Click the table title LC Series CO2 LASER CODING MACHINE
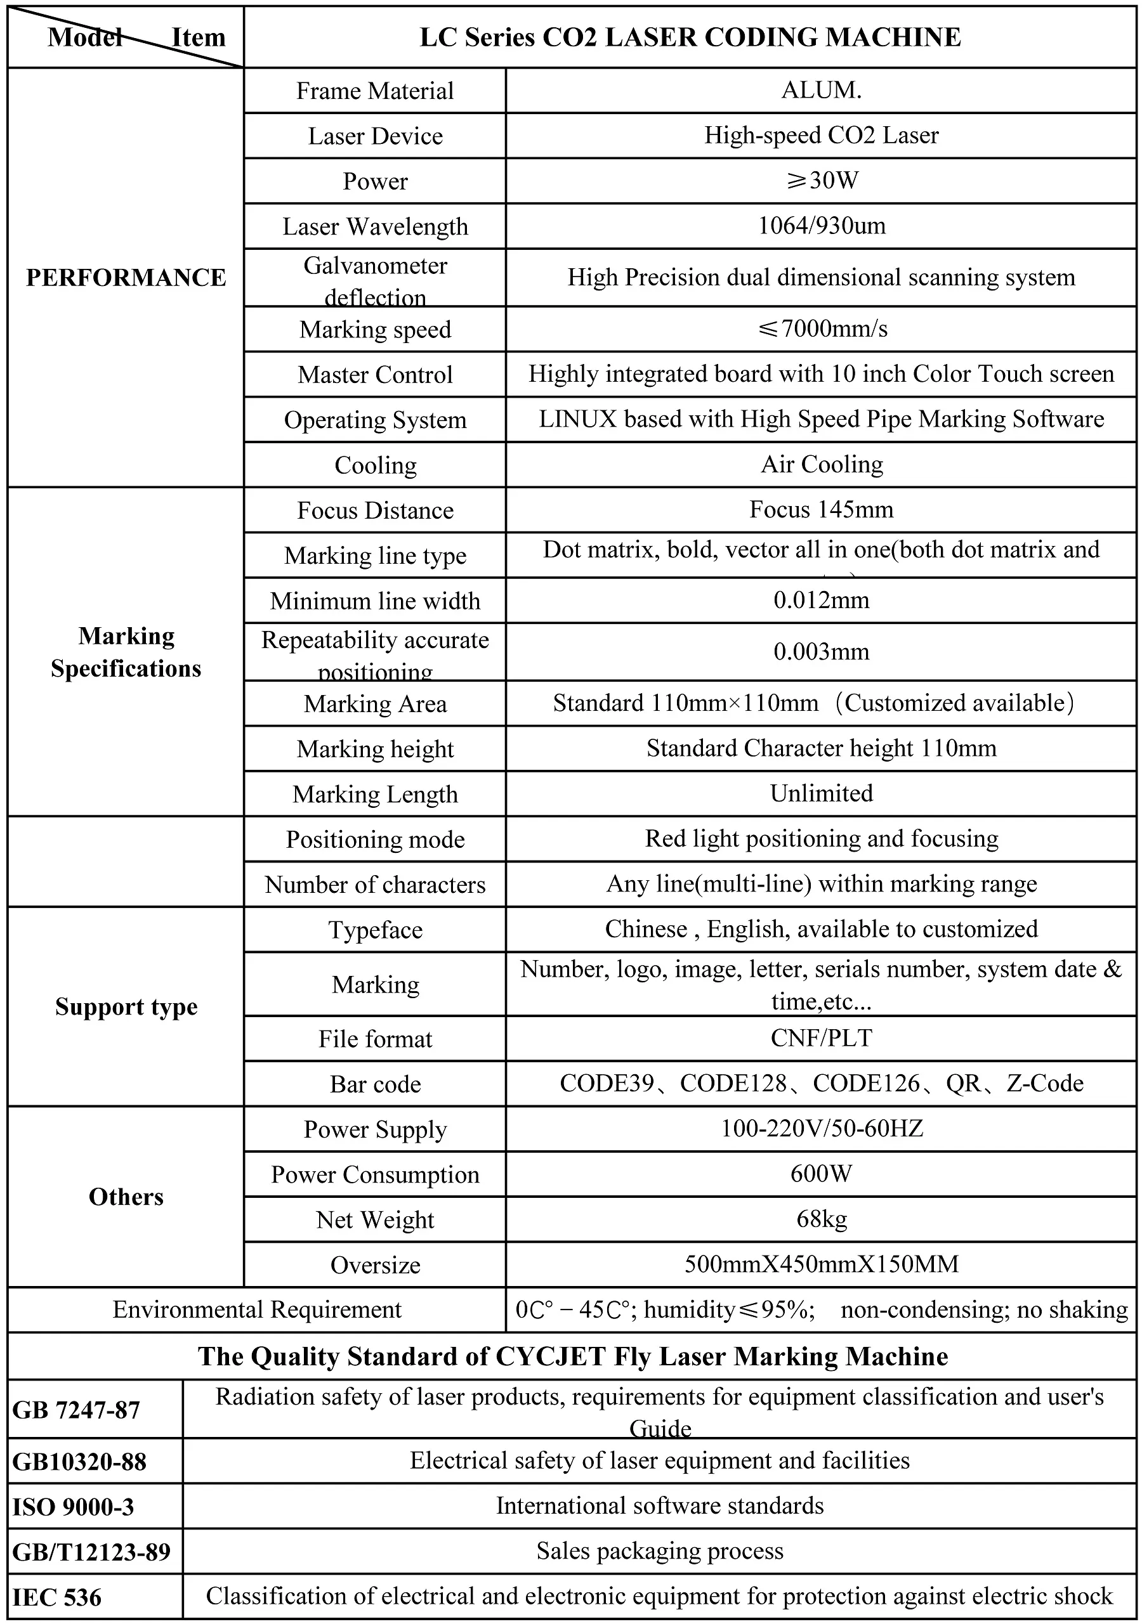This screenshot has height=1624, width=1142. (x=690, y=37)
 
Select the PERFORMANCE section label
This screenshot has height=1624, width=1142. (x=126, y=277)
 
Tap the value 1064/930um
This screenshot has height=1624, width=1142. (x=822, y=226)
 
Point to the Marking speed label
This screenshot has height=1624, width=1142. (x=375, y=330)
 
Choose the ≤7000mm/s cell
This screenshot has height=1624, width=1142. (x=822, y=329)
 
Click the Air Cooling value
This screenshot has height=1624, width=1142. (x=822, y=465)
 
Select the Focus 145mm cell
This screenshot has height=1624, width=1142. (x=822, y=510)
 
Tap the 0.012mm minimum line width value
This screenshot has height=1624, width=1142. (x=822, y=601)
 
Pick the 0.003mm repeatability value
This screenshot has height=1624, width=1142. (x=822, y=651)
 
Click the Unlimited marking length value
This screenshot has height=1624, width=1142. (x=822, y=793)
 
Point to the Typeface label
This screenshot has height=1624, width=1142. (x=375, y=930)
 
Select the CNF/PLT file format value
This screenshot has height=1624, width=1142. (x=822, y=1038)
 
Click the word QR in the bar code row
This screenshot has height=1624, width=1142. (x=963, y=1084)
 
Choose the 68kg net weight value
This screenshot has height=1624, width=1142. (x=822, y=1219)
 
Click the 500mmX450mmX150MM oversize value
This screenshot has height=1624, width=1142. (x=822, y=1264)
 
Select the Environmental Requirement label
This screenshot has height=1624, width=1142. (x=257, y=1310)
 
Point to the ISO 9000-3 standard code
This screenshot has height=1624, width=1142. (x=73, y=1507)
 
